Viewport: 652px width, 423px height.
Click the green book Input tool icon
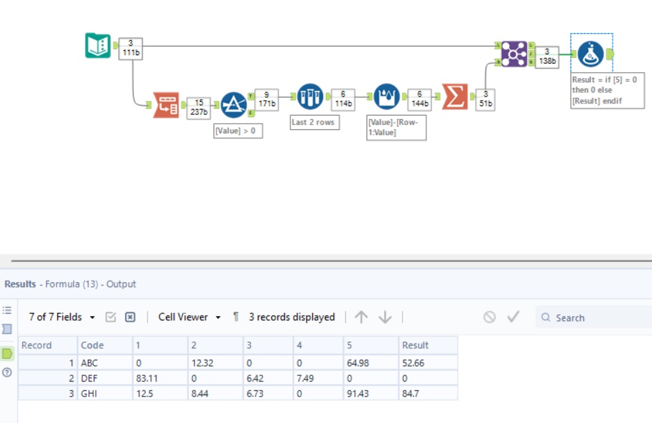click(98, 46)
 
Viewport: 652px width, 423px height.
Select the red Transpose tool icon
click(166, 105)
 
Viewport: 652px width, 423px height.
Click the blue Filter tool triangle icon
click(233, 105)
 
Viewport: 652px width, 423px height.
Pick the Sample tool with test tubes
click(310, 97)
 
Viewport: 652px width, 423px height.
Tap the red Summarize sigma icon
click(454, 97)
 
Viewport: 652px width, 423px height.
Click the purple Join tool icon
click(514, 54)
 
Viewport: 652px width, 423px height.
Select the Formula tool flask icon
click(591, 54)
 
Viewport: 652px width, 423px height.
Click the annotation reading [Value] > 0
click(237, 131)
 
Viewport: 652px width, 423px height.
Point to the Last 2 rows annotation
click(315, 122)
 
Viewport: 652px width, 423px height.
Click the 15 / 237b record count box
click(199, 107)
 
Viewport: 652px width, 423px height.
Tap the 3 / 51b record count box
click(485, 99)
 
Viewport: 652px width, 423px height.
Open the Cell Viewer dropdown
click(189, 317)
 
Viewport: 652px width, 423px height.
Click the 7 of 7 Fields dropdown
click(62, 317)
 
